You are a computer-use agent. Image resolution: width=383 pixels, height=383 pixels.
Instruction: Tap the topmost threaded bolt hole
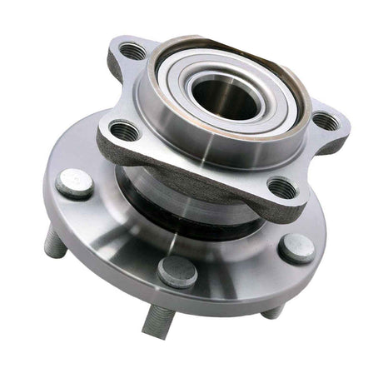coord(130,52)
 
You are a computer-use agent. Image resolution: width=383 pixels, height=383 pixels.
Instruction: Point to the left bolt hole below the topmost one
coord(122,130)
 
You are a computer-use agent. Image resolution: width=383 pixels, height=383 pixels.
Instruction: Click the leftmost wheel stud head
coord(73,183)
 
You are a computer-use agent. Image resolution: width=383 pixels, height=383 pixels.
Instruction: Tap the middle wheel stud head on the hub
coord(177,271)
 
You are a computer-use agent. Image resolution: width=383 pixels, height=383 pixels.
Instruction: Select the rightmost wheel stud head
coord(296,247)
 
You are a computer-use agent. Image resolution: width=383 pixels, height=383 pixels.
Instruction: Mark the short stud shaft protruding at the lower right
coord(272,311)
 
